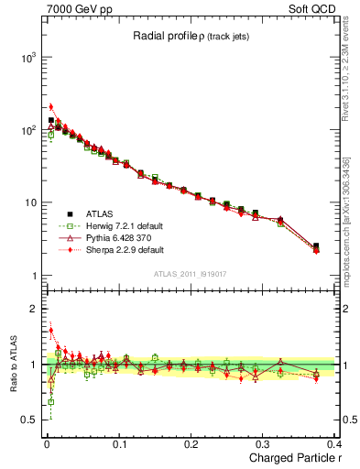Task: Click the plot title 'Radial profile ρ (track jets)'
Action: [189, 38]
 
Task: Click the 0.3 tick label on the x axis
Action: [263, 444]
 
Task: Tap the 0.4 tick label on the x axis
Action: [334, 444]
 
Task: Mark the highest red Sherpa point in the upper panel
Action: [51, 107]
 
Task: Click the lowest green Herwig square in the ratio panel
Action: [51, 401]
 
